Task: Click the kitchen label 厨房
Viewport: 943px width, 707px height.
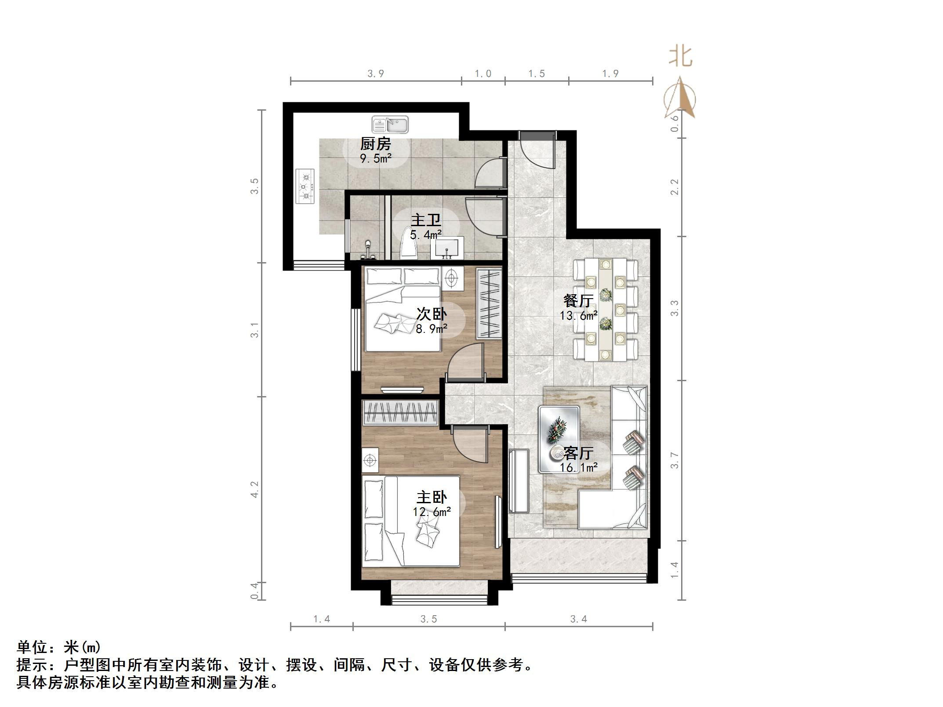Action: click(x=375, y=144)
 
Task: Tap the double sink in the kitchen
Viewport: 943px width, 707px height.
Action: click(x=390, y=125)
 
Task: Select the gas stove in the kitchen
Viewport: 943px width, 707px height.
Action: click(x=305, y=186)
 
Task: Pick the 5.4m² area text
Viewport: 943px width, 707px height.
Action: click(x=425, y=235)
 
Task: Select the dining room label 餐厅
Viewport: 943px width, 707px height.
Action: click(x=578, y=301)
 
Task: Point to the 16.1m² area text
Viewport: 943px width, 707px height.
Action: click(x=578, y=467)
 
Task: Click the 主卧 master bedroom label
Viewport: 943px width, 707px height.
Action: click(x=432, y=497)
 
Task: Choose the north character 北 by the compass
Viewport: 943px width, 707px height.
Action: click(x=680, y=57)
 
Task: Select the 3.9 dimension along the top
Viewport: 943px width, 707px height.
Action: click(x=376, y=73)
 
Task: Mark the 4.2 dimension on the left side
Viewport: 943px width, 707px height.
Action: click(x=254, y=489)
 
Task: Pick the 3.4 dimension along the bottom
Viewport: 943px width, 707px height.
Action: click(x=578, y=619)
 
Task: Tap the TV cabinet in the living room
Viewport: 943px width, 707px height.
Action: click(x=519, y=480)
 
